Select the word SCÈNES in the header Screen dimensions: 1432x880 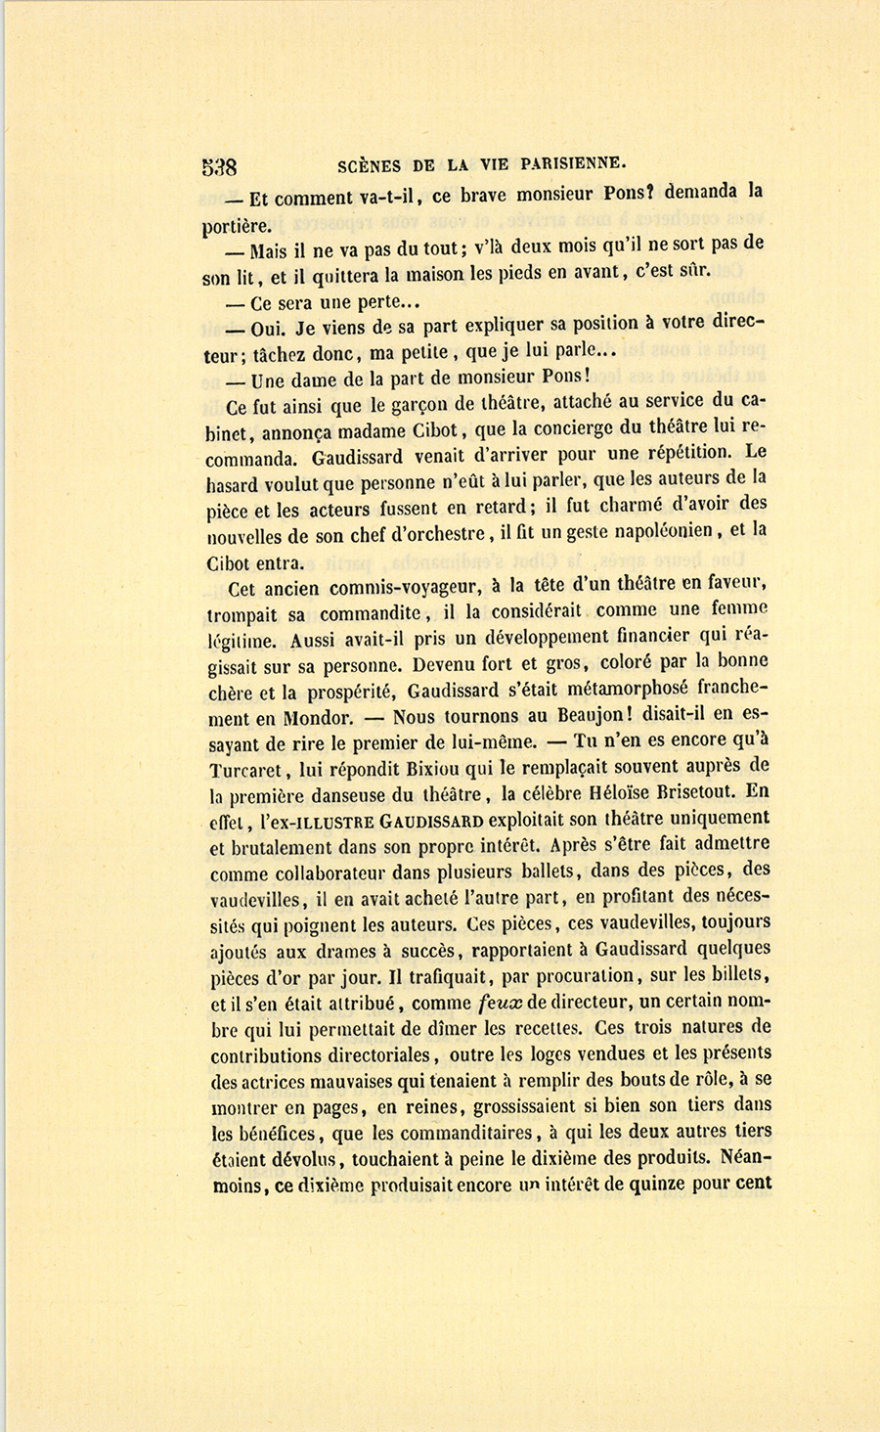pyautogui.click(x=369, y=164)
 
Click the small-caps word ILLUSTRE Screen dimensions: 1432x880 pyautogui.click(x=320, y=819)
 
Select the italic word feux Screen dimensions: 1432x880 pyautogui.click(x=503, y=1003)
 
